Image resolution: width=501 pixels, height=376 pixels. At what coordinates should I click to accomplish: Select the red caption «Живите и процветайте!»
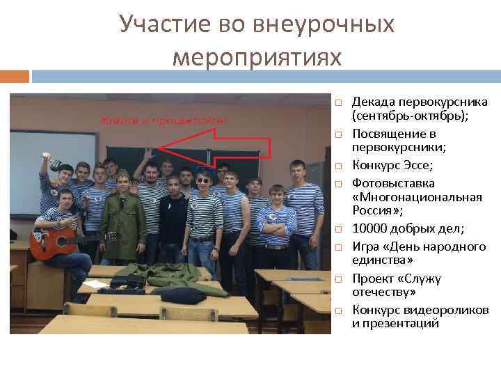click(163, 120)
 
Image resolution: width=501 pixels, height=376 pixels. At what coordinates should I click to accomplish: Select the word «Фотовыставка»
click(393, 183)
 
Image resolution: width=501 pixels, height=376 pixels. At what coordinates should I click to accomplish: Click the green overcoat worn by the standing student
click(122, 216)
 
